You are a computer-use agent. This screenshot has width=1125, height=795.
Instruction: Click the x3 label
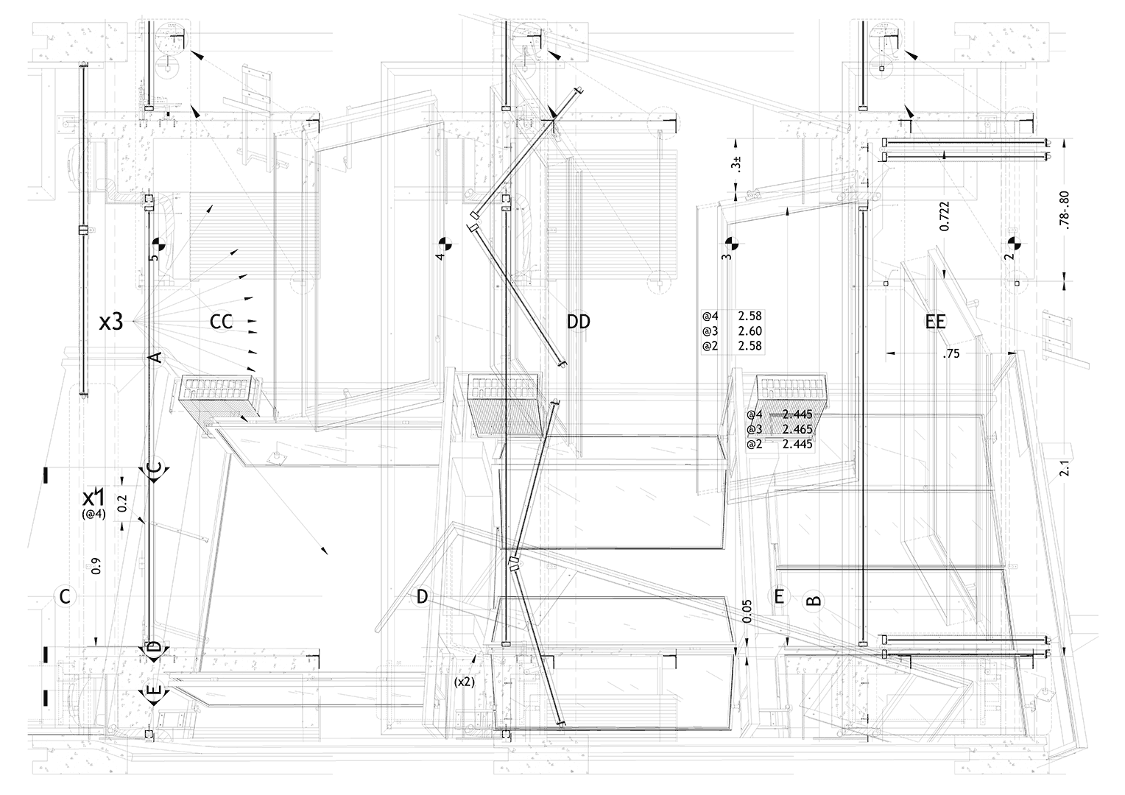coord(110,322)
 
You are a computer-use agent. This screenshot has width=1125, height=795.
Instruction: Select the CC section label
coord(222,322)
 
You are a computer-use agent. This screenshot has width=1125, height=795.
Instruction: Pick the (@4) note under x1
coord(94,515)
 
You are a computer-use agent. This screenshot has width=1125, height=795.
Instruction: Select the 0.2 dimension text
coord(122,504)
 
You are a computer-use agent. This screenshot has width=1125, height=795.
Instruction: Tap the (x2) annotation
coord(465,682)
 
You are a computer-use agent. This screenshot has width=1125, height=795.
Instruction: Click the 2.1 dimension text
coord(1063,468)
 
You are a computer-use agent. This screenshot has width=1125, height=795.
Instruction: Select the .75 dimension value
coord(952,354)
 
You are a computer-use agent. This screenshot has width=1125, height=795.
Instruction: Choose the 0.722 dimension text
coord(945,216)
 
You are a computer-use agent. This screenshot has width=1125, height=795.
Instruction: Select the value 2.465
coord(797,429)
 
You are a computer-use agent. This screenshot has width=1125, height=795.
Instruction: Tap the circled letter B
coord(814,600)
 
